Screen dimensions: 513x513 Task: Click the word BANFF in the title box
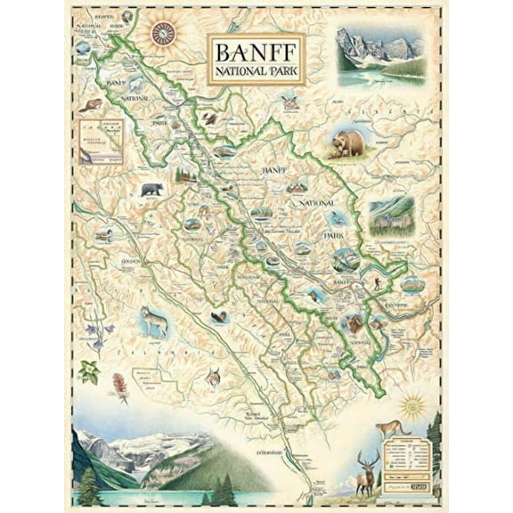[256, 50]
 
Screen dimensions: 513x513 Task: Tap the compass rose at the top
[163, 34]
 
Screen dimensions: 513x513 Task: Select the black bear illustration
[152, 190]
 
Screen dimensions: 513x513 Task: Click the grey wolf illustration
[154, 321]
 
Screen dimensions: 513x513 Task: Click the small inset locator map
[100, 141]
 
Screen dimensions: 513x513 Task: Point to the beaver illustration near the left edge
[87, 107]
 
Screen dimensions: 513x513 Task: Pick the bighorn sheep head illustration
[354, 324]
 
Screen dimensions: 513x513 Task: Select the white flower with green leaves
[89, 369]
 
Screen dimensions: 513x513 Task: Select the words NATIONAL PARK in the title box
[256, 72]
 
